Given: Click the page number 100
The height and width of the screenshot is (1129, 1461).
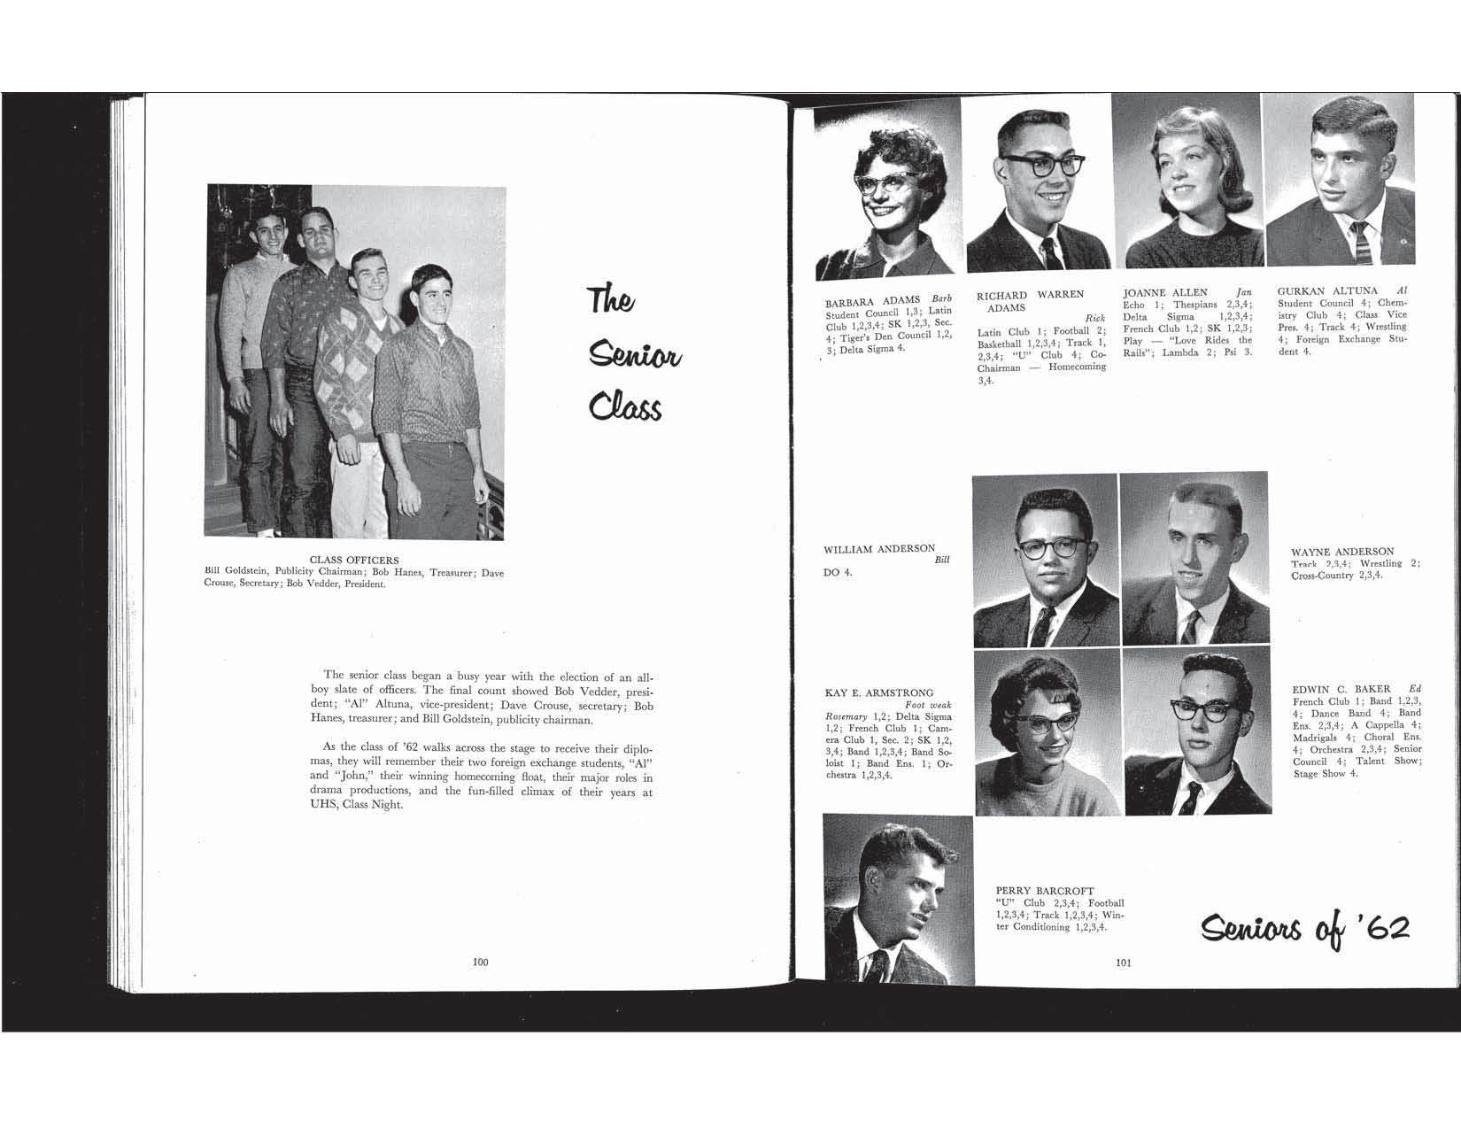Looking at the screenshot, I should pos(481,962).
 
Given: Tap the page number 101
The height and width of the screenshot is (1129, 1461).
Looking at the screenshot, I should pos(1125,963).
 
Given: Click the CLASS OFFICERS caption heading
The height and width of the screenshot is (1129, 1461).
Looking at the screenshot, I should pos(354,561).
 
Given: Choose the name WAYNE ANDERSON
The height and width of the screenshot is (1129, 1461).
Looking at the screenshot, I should pos(1342,552).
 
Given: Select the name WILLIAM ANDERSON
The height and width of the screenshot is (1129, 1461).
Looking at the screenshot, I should pos(879,549).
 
